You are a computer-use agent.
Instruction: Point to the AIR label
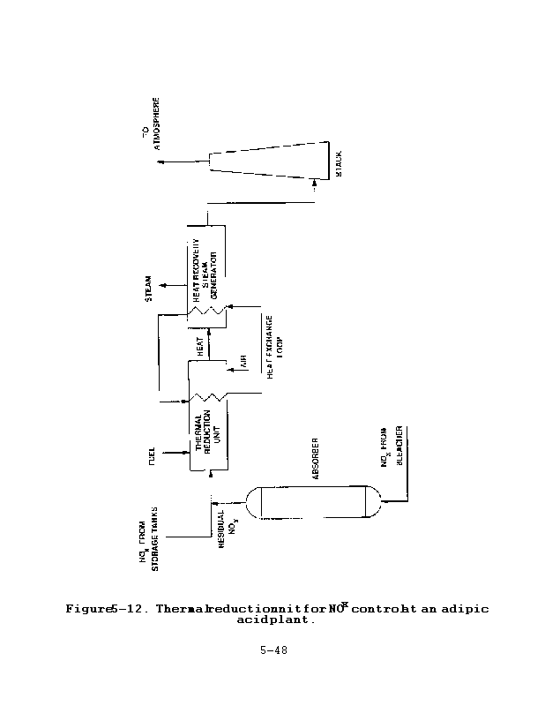(244, 361)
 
